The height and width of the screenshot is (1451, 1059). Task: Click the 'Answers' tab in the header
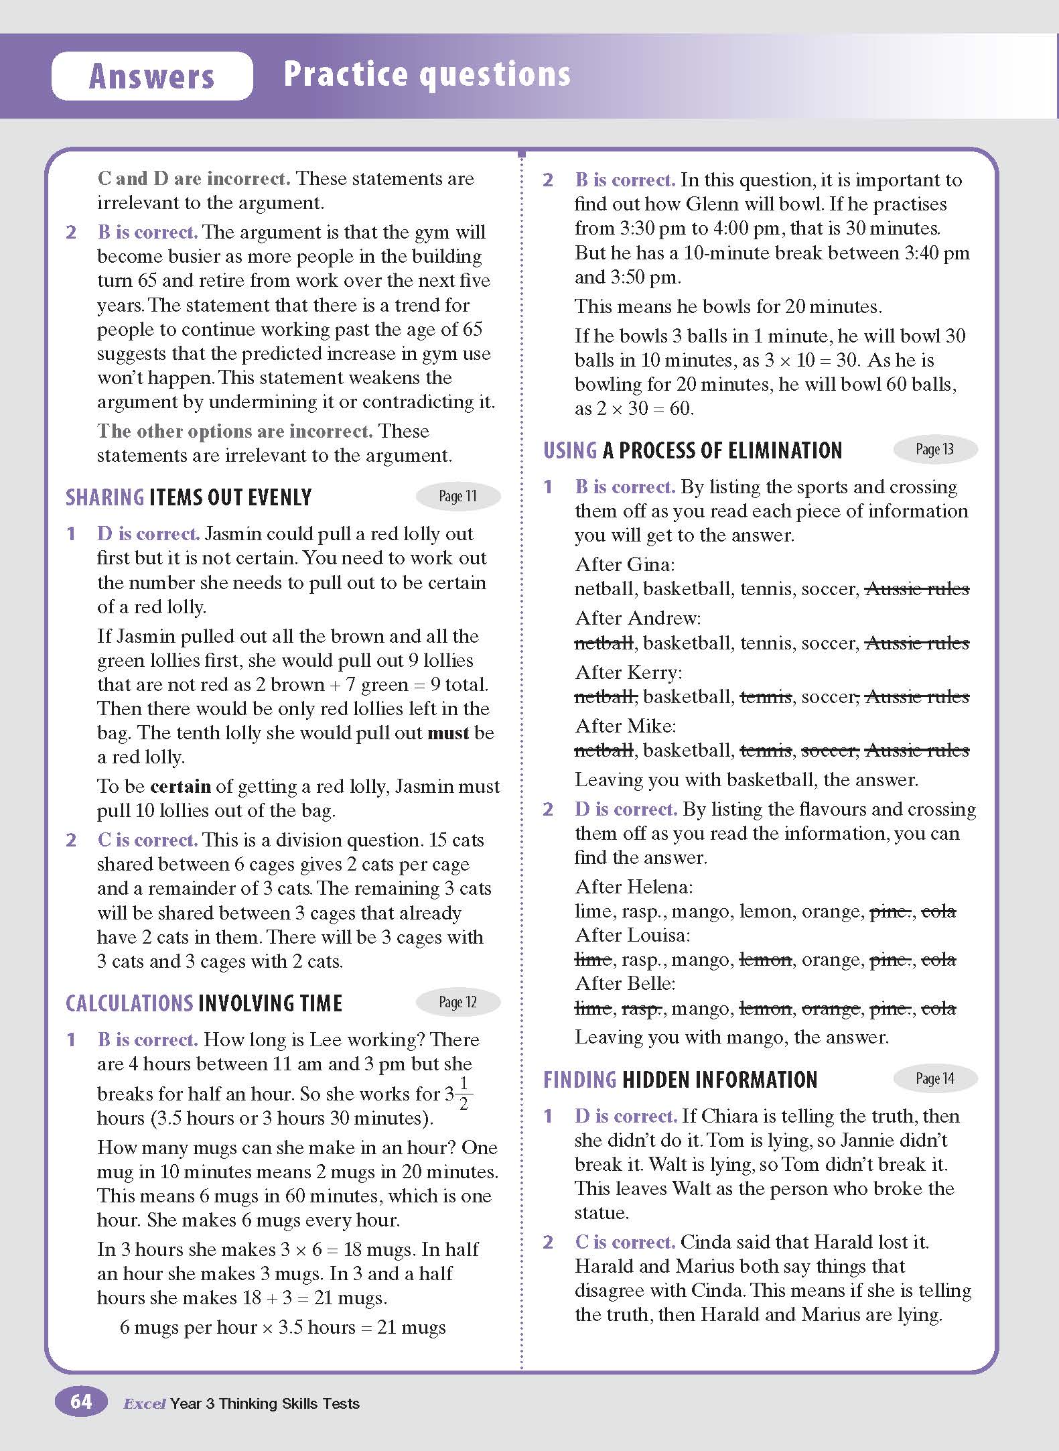pyautogui.click(x=152, y=76)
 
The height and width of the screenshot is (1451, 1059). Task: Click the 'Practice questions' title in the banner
pyautogui.click(x=427, y=74)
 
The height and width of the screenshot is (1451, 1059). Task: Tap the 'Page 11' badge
pyautogui.click(x=458, y=496)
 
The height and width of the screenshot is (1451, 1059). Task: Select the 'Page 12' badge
pyautogui.click(x=458, y=1002)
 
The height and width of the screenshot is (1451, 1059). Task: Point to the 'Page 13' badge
pyautogui.click(x=935, y=449)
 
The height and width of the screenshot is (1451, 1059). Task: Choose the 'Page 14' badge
pyautogui.click(x=935, y=1078)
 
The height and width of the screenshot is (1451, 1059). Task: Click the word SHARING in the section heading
pyautogui.click(x=105, y=497)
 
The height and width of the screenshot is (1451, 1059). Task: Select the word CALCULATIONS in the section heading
pyautogui.click(x=129, y=1003)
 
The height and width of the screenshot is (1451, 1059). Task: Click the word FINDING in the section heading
pyautogui.click(x=580, y=1080)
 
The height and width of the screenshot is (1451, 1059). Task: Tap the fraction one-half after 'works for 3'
pyautogui.click(x=464, y=1094)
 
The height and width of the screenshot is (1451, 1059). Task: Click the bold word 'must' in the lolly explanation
pyautogui.click(x=449, y=733)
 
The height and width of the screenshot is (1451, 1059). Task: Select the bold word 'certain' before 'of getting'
pyautogui.click(x=181, y=786)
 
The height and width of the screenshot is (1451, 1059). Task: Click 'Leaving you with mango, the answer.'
pyautogui.click(x=731, y=1037)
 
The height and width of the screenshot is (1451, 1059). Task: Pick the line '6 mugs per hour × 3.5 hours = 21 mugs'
pyautogui.click(x=283, y=1327)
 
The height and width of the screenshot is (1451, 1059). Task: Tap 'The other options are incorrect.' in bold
pyautogui.click(x=234, y=431)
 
